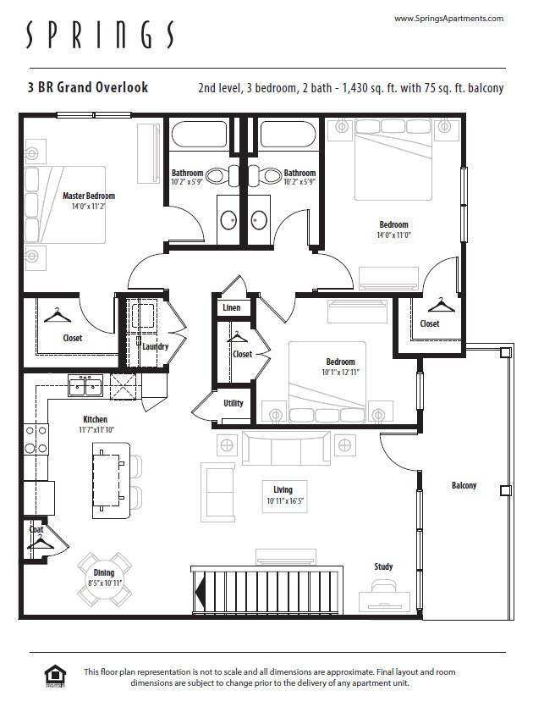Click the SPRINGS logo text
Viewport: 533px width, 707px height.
[100, 36]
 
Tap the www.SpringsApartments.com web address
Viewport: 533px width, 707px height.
[448, 18]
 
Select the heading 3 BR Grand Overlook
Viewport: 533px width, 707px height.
[87, 87]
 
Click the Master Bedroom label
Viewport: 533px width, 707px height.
[89, 196]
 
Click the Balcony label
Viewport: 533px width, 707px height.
[464, 485]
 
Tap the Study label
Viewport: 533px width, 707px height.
[383, 566]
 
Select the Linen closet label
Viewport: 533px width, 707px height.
[231, 308]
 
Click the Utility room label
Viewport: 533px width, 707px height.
[234, 403]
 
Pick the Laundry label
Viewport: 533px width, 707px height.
[155, 346]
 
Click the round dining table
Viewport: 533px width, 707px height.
[105, 579]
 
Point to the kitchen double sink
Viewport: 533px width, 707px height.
[85, 387]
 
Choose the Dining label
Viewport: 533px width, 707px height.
[103, 573]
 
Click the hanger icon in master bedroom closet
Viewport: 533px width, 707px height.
[56, 315]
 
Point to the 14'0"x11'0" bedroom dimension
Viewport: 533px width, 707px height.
[393, 235]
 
